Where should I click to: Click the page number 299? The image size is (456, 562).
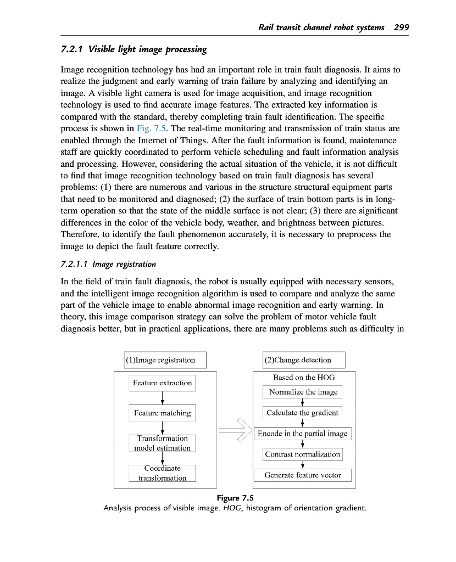tap(402, 27)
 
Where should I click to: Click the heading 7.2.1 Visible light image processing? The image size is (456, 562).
tap(134, 49)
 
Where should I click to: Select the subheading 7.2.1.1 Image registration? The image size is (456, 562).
tap(108, 264)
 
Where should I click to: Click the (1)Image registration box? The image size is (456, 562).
tap(165, 360)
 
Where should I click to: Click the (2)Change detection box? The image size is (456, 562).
tap(304, 360)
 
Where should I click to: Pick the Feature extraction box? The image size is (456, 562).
tap(163, 383)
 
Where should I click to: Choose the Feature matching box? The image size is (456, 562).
tap(163, 413)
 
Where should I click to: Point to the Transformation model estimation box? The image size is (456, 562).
tap(163, 443)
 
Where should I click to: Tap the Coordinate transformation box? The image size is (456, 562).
tap(163, 473)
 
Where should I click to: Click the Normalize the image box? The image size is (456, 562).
tap(303, 392)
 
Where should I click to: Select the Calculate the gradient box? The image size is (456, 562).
tap(303, 413)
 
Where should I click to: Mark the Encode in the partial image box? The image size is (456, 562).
tap(303, 434)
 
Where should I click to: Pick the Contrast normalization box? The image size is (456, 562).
tap(303, 454)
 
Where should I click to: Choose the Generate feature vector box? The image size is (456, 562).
tap(303, 475)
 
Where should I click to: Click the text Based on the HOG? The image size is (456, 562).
tap(304, 378)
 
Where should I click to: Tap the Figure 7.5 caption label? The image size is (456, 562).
tap(235, 498)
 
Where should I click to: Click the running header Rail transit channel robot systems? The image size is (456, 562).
tap(321, 27)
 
